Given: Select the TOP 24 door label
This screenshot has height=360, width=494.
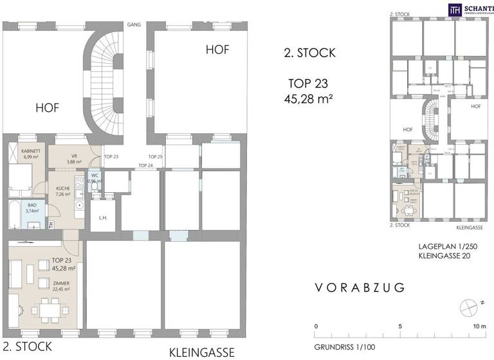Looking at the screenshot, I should (x=146, y=166).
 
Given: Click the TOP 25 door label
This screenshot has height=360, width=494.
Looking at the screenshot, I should (x=155, y=157).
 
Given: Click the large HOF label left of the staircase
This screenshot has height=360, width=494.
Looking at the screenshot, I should (x=47, y=109).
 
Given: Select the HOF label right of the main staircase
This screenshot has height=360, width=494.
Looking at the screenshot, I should (x=217, y=49).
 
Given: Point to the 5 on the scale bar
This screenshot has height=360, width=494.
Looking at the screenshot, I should (x=401, y=325).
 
